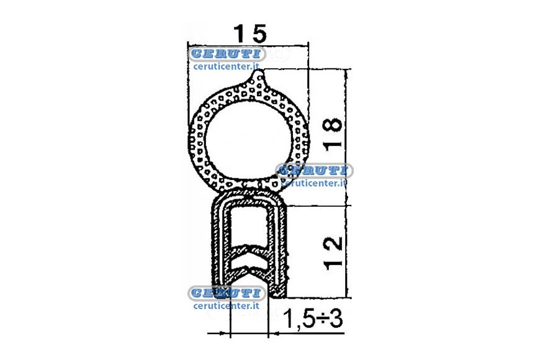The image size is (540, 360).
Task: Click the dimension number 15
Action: point(250,33)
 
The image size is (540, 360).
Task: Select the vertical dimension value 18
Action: point(333,134)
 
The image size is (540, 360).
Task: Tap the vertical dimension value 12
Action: point(333,253)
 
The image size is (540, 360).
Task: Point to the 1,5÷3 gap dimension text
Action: point(313,319)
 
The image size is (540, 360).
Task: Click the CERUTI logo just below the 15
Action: point(227,54)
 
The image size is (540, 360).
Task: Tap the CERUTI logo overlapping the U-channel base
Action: point(227,293)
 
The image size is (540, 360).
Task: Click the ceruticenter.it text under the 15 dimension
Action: point(227,66)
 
